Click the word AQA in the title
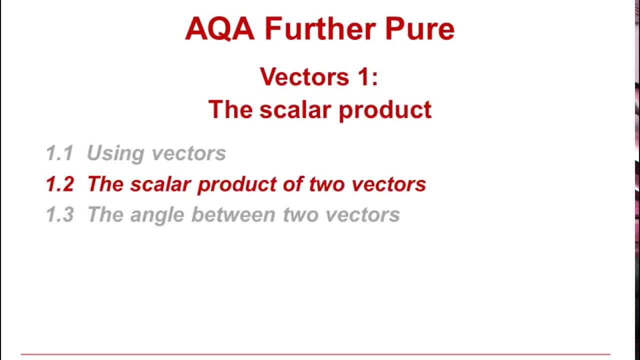219,29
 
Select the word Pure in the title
419,29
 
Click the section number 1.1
59,153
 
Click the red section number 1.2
59,184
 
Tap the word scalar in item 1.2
160,184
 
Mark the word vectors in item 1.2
388,184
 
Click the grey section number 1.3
59,214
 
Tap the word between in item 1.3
233,214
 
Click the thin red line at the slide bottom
315,354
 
